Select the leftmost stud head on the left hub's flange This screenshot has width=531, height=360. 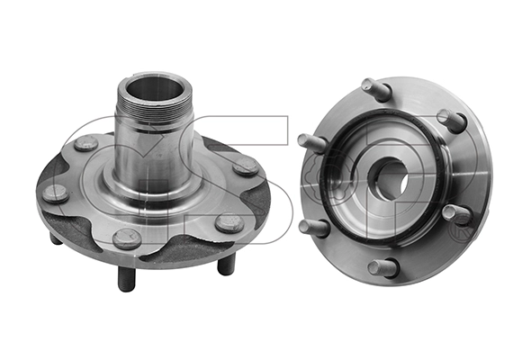[57, 193]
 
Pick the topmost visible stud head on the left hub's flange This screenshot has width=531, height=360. [86, 143]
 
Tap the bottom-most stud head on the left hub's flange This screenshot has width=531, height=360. [126, 238]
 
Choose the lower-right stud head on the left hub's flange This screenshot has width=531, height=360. [229, 222]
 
